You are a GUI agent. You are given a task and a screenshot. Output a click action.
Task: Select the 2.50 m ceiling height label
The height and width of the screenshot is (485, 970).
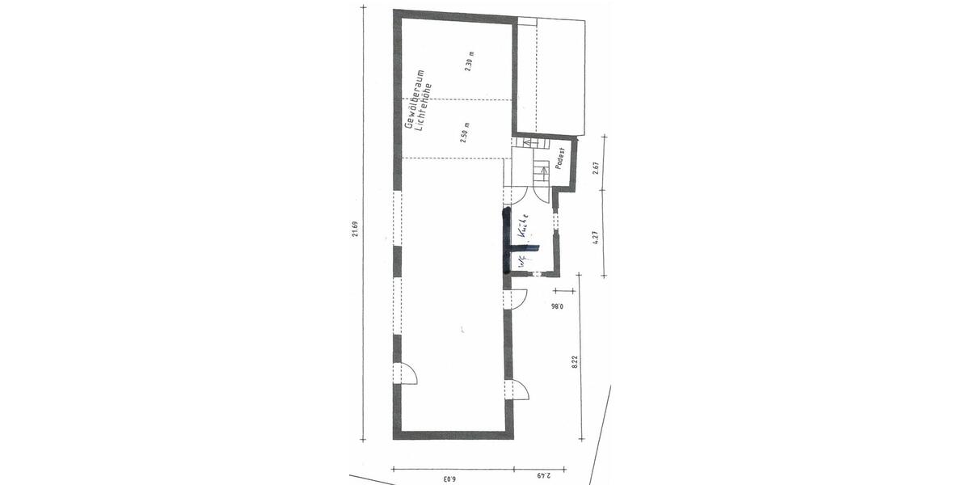[x=465, y=131]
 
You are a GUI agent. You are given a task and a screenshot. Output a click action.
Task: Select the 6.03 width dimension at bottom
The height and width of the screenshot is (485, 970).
[x=449, y=478]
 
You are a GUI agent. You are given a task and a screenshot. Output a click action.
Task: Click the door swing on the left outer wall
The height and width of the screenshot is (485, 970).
[x=407, y=374]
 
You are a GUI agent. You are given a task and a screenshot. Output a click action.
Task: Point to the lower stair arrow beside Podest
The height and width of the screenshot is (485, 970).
[x=543, y=170]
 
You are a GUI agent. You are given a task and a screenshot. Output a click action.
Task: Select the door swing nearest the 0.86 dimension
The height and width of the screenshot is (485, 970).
[x=518, y=297]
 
